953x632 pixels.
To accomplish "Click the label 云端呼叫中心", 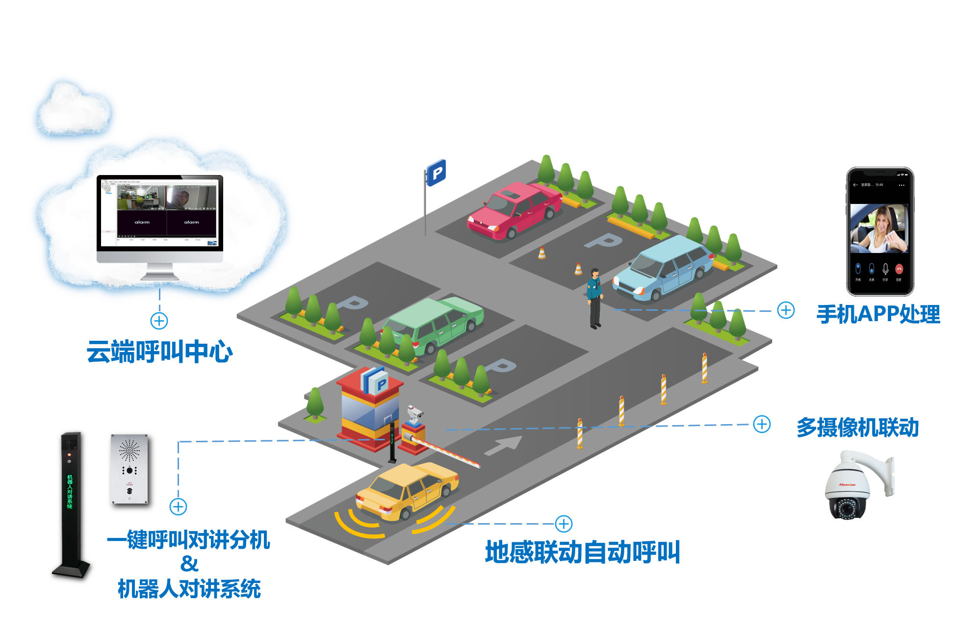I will [x=159, y=352].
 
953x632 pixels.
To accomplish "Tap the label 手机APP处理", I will [x=878, y=314].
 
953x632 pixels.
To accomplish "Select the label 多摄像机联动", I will [x=857, y=428].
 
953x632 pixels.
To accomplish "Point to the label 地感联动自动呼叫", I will [x=582, y=552].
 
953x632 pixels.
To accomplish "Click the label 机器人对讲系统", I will [x=189, y=589].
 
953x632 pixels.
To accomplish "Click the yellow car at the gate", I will [x=407, y=490].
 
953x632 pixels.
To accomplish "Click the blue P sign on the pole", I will [x=436, y=173].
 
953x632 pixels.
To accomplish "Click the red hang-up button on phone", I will [x=899, y=269].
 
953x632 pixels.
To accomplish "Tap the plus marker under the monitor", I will [x=159, y=321].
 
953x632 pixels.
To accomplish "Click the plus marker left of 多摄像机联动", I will [x=761, y=424].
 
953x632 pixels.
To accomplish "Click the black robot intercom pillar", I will [x=70, y=500].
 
